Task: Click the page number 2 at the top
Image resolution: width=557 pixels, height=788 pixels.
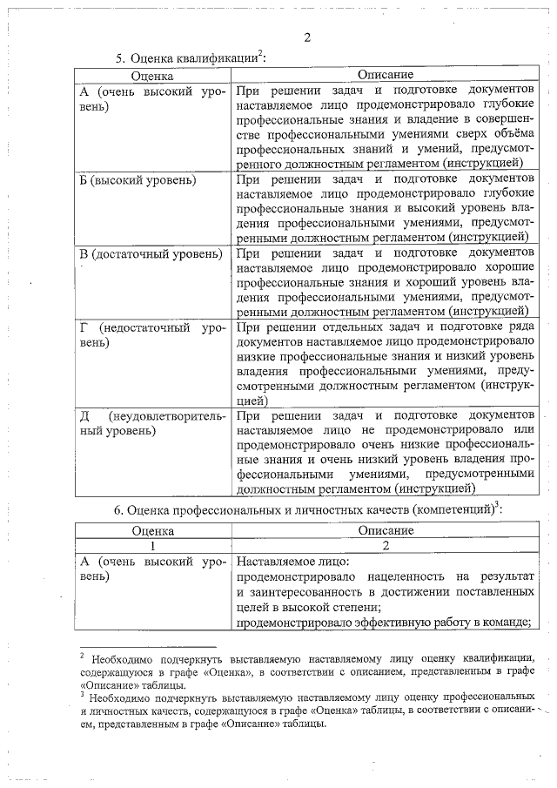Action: click(307, 37)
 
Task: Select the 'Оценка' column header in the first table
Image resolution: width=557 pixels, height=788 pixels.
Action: click(152, 77)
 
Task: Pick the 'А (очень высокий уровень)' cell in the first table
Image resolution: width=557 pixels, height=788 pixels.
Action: click(152, 98)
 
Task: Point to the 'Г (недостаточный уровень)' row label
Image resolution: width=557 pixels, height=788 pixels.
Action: click(152, 335)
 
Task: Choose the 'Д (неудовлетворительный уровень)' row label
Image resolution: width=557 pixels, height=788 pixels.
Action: click(152, 422)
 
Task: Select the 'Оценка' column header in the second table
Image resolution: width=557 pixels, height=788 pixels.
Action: click(152, 530)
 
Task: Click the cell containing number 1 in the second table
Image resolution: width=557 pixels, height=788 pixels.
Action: click(152, 546)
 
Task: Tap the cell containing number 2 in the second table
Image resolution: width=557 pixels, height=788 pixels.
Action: click(385, 546)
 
